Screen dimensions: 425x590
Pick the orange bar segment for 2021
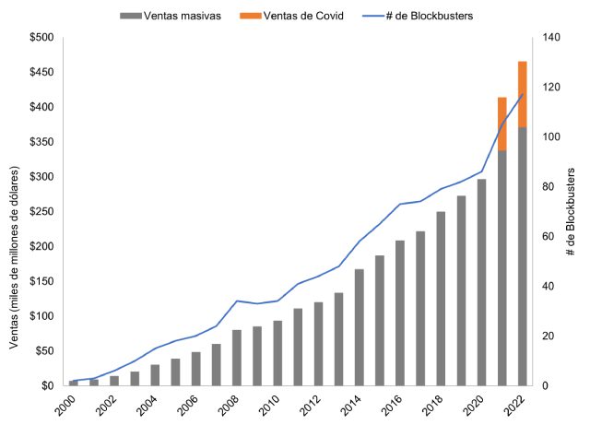click(x=501, y=123)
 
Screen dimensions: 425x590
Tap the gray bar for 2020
click(x=481, y=282)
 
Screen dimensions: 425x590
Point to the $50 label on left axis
click(x=41, y=350)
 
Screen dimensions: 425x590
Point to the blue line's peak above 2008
click(x=237, y=301)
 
